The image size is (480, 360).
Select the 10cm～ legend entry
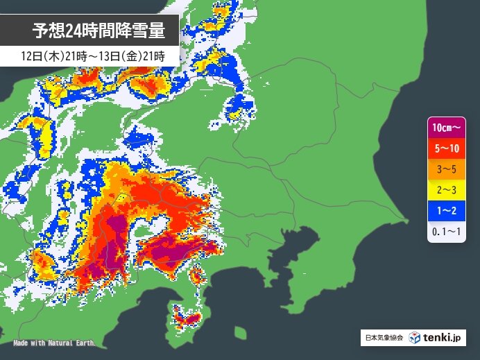[x=446, y=128]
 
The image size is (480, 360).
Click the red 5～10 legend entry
[x=446, y=148]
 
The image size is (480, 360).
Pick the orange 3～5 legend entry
[x=446, y=168]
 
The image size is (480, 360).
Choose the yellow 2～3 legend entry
[x=446, y=188]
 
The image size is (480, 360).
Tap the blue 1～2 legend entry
[x=446, y=208]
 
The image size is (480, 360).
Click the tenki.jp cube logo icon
[x=414, y=338]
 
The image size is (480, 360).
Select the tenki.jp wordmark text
[x=442, y=338]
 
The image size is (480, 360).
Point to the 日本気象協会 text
[x=382, y=338]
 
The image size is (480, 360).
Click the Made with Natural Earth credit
[x=54, y=343]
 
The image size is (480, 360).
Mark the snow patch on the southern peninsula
[x=187, y=318]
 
